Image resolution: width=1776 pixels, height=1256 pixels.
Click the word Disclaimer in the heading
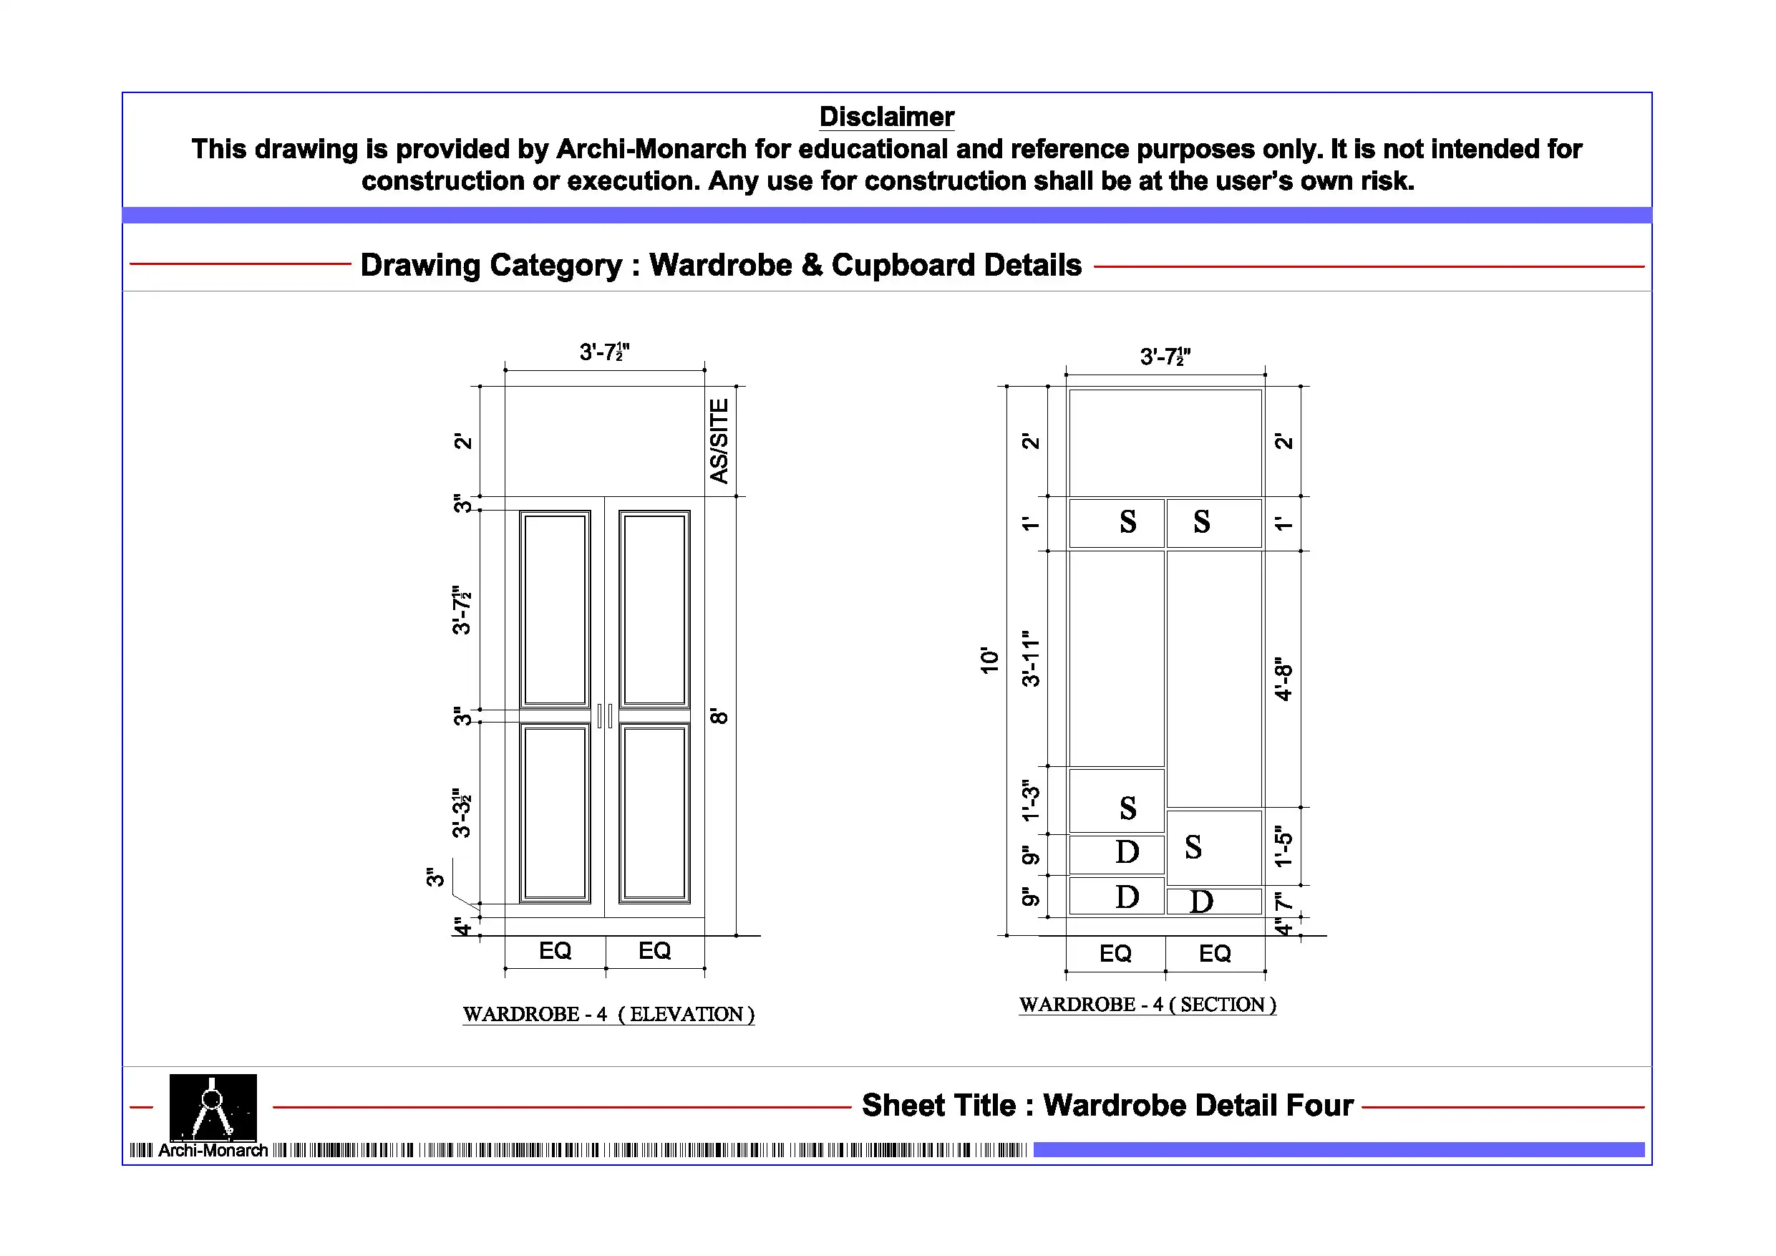click(x=886, y=117)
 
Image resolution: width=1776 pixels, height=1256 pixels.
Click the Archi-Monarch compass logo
click(x=213, y=1108)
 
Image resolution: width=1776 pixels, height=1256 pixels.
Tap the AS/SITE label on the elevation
click(x=719, y=441)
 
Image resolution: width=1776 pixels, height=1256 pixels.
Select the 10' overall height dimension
click(x=989, y=660)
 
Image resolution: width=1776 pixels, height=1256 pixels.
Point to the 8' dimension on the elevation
click(x=719, y=716)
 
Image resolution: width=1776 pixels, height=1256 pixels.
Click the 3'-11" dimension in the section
click(x=1030, y=659)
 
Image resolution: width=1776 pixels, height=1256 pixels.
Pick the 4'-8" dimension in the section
click(x=1284, y=679)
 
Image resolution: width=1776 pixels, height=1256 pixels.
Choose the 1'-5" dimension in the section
click(x=1284, y=846)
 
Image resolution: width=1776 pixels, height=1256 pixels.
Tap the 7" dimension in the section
click(x=1284, y=902)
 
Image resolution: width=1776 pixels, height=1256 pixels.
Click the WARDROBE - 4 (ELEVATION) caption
click(x=608, y=1014)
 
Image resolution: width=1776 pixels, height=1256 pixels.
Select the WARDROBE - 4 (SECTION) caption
click(x=1147, y=1005)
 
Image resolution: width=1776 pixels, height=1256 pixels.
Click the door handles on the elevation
click(x=605, y=716)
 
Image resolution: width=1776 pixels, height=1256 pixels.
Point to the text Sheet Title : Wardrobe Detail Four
click(x=1107, y=1105)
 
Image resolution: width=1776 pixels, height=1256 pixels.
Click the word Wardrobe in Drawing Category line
click(x=720, y=266)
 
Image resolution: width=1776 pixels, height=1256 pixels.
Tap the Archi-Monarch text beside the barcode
click(x=213, y=1151)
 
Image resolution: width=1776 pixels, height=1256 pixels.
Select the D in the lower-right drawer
click(x=1201, y=902)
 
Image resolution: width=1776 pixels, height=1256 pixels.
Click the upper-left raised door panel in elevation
click(x=555, y=609)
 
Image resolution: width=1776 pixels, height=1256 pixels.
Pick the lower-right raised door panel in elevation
click(x=654, y=813)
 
